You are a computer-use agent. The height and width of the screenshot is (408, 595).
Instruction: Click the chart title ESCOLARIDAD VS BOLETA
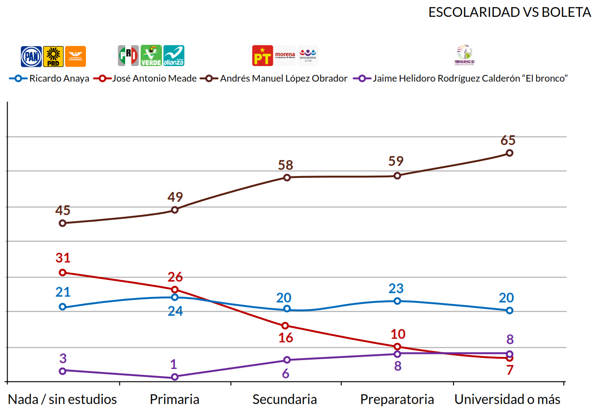click(x=509, y=12)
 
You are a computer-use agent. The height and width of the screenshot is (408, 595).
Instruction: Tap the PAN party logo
click(x=32, y=56)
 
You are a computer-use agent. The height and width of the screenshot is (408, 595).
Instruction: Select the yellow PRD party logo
click(x=53, y=56)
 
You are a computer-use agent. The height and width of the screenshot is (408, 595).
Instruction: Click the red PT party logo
click(x=262, y=56)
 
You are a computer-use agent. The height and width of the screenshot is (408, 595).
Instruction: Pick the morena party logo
click(x=285, y=56)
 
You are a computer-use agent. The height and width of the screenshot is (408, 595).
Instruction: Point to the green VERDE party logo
click(x=151, y=56)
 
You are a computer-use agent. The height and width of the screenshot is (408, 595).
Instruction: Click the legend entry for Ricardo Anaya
click(x=49, y=78)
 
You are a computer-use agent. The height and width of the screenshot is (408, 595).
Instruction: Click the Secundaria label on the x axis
click(x=284, y=399)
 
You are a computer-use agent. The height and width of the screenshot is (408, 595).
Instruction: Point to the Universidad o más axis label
click(x=508, y=399)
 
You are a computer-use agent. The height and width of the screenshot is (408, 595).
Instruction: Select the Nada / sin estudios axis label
click(x=63, y=399)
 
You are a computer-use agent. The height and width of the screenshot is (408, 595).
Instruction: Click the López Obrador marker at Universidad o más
click(x=509, y=153)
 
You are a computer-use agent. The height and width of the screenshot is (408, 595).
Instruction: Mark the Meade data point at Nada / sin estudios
click(x=63, y=273)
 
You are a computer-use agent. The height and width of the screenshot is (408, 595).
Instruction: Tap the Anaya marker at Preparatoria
click(x=397, y=301)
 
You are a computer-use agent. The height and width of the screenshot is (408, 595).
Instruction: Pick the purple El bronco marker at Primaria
click(x=175, y=377)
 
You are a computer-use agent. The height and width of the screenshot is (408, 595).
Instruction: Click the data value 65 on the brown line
click(x=508, y=141)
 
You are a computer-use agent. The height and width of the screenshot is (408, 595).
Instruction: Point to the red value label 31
click(x=63, y=258)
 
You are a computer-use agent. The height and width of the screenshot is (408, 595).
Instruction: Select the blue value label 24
click(x=175, y=311)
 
